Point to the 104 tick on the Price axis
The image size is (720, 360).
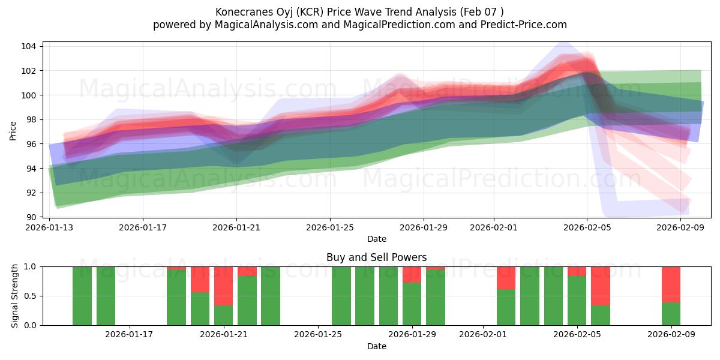pyautogui.click(x=29, y=47)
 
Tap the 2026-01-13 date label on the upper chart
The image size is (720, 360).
pyautogui.click(x=49, y=227)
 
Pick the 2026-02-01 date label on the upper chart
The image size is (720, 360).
pyautogui.click(x=494, y=227)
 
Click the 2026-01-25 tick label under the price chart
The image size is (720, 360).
pyautogui.click(x=330, y=227)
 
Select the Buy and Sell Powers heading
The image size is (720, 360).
pyautogui.click(x=376, y=257)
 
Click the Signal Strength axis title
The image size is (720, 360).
pyautogui.click(x=15, y=296)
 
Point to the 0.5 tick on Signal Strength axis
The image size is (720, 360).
pyautogui.click(x=29, y=296)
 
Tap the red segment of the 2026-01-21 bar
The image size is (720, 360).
pyautogui.click(x=223, y=286)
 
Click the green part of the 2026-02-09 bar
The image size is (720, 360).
pyautogui.click(x=671, y=314)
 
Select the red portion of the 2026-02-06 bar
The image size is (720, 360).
pyautogui.click(x=600, y=286)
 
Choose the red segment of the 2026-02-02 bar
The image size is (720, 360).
pyautogui.click(x=506, y=278)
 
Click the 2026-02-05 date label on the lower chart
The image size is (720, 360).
pyautogui.click(x=577, y=335)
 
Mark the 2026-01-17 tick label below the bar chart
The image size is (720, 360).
pyautogui.click(x=130, y=335)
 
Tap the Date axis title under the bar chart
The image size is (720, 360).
pyautogui.click(x=376, y=346)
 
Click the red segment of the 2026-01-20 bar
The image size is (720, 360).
pyautogui.click(x=200, y=280)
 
